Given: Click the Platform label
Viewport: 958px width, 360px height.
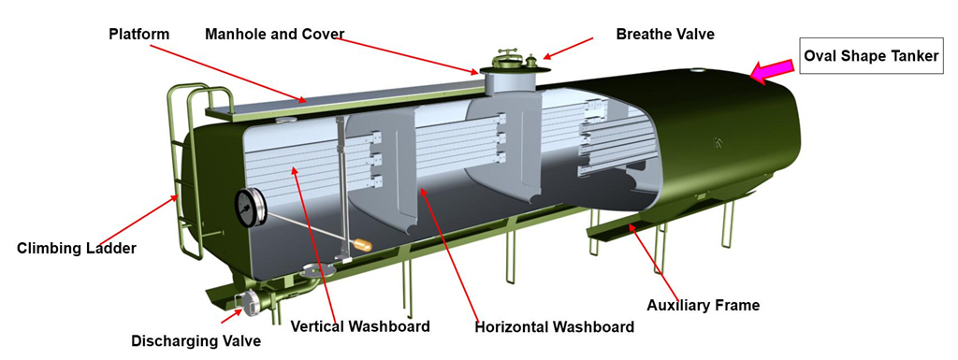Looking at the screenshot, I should pos(138,35).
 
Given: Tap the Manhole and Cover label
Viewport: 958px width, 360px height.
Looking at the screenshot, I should pos(274,35).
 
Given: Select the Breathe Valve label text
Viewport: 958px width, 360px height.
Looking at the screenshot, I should pos(664,34).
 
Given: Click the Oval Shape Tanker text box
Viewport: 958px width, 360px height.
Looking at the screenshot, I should pos(871,57).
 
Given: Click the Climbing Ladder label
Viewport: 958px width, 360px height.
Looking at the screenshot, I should pos(78,249).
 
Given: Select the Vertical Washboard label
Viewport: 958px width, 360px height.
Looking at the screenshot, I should pos(360,326).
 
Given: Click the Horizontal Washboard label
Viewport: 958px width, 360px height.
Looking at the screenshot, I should pos(554,326).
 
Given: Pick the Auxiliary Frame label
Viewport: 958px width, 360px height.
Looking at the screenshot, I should pos(703,304).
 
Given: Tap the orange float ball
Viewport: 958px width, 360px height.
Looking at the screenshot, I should pos(361,245).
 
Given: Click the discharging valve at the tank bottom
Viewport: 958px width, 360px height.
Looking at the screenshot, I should pos(249,300).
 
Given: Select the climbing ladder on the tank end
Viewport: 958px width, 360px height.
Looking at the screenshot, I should pos(187,168).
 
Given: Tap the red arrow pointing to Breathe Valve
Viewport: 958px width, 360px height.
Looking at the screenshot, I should pos(571,48).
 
